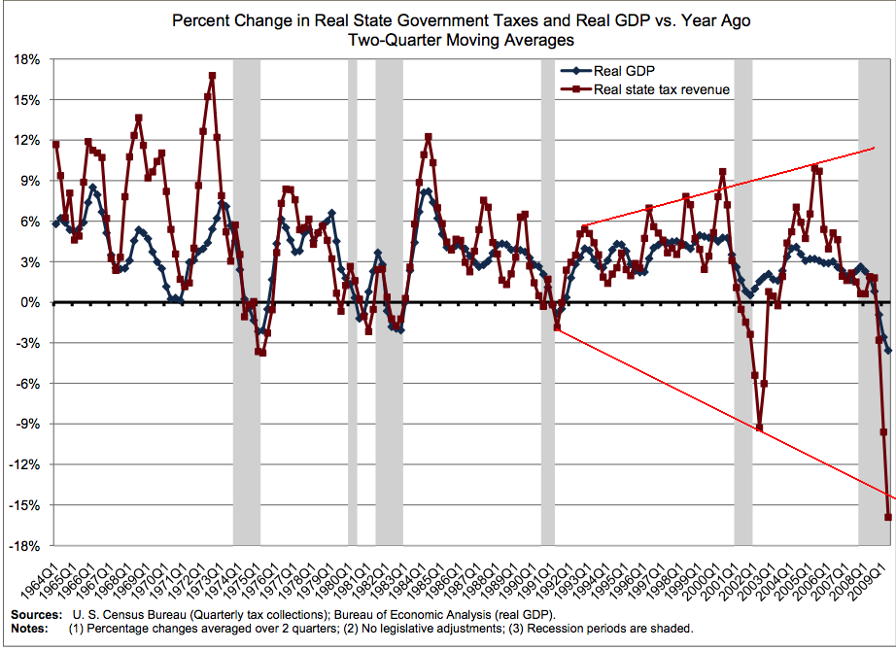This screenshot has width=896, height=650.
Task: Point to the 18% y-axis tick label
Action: [27, 59]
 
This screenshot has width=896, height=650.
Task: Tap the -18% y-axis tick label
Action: [25, 545]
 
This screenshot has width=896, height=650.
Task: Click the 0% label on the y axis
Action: [31, 302]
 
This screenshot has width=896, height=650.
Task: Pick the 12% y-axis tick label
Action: [27, 140]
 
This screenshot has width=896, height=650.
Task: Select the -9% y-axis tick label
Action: [28, 424]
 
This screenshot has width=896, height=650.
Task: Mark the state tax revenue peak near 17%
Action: [212, 76]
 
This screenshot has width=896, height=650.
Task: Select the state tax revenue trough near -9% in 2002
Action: [759, 428]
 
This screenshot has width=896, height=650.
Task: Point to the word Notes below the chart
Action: [29, 628]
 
